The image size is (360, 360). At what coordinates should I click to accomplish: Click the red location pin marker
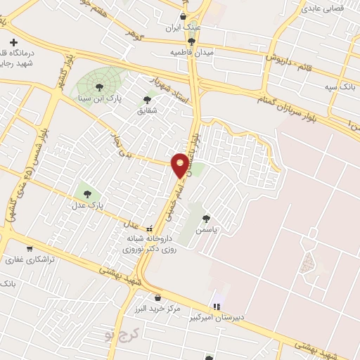[181, 165]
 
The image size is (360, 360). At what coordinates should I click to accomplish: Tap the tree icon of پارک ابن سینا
[98, 87]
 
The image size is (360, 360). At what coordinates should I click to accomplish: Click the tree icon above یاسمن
[205, 219]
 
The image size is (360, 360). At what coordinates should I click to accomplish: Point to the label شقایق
[148, 110]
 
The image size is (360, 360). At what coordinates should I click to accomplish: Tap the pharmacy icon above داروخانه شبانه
[149, 229]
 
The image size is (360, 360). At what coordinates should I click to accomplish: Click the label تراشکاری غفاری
[31, 259]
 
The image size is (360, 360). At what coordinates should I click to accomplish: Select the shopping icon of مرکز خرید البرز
[157, 297]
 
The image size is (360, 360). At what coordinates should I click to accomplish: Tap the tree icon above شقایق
[148, 99]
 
